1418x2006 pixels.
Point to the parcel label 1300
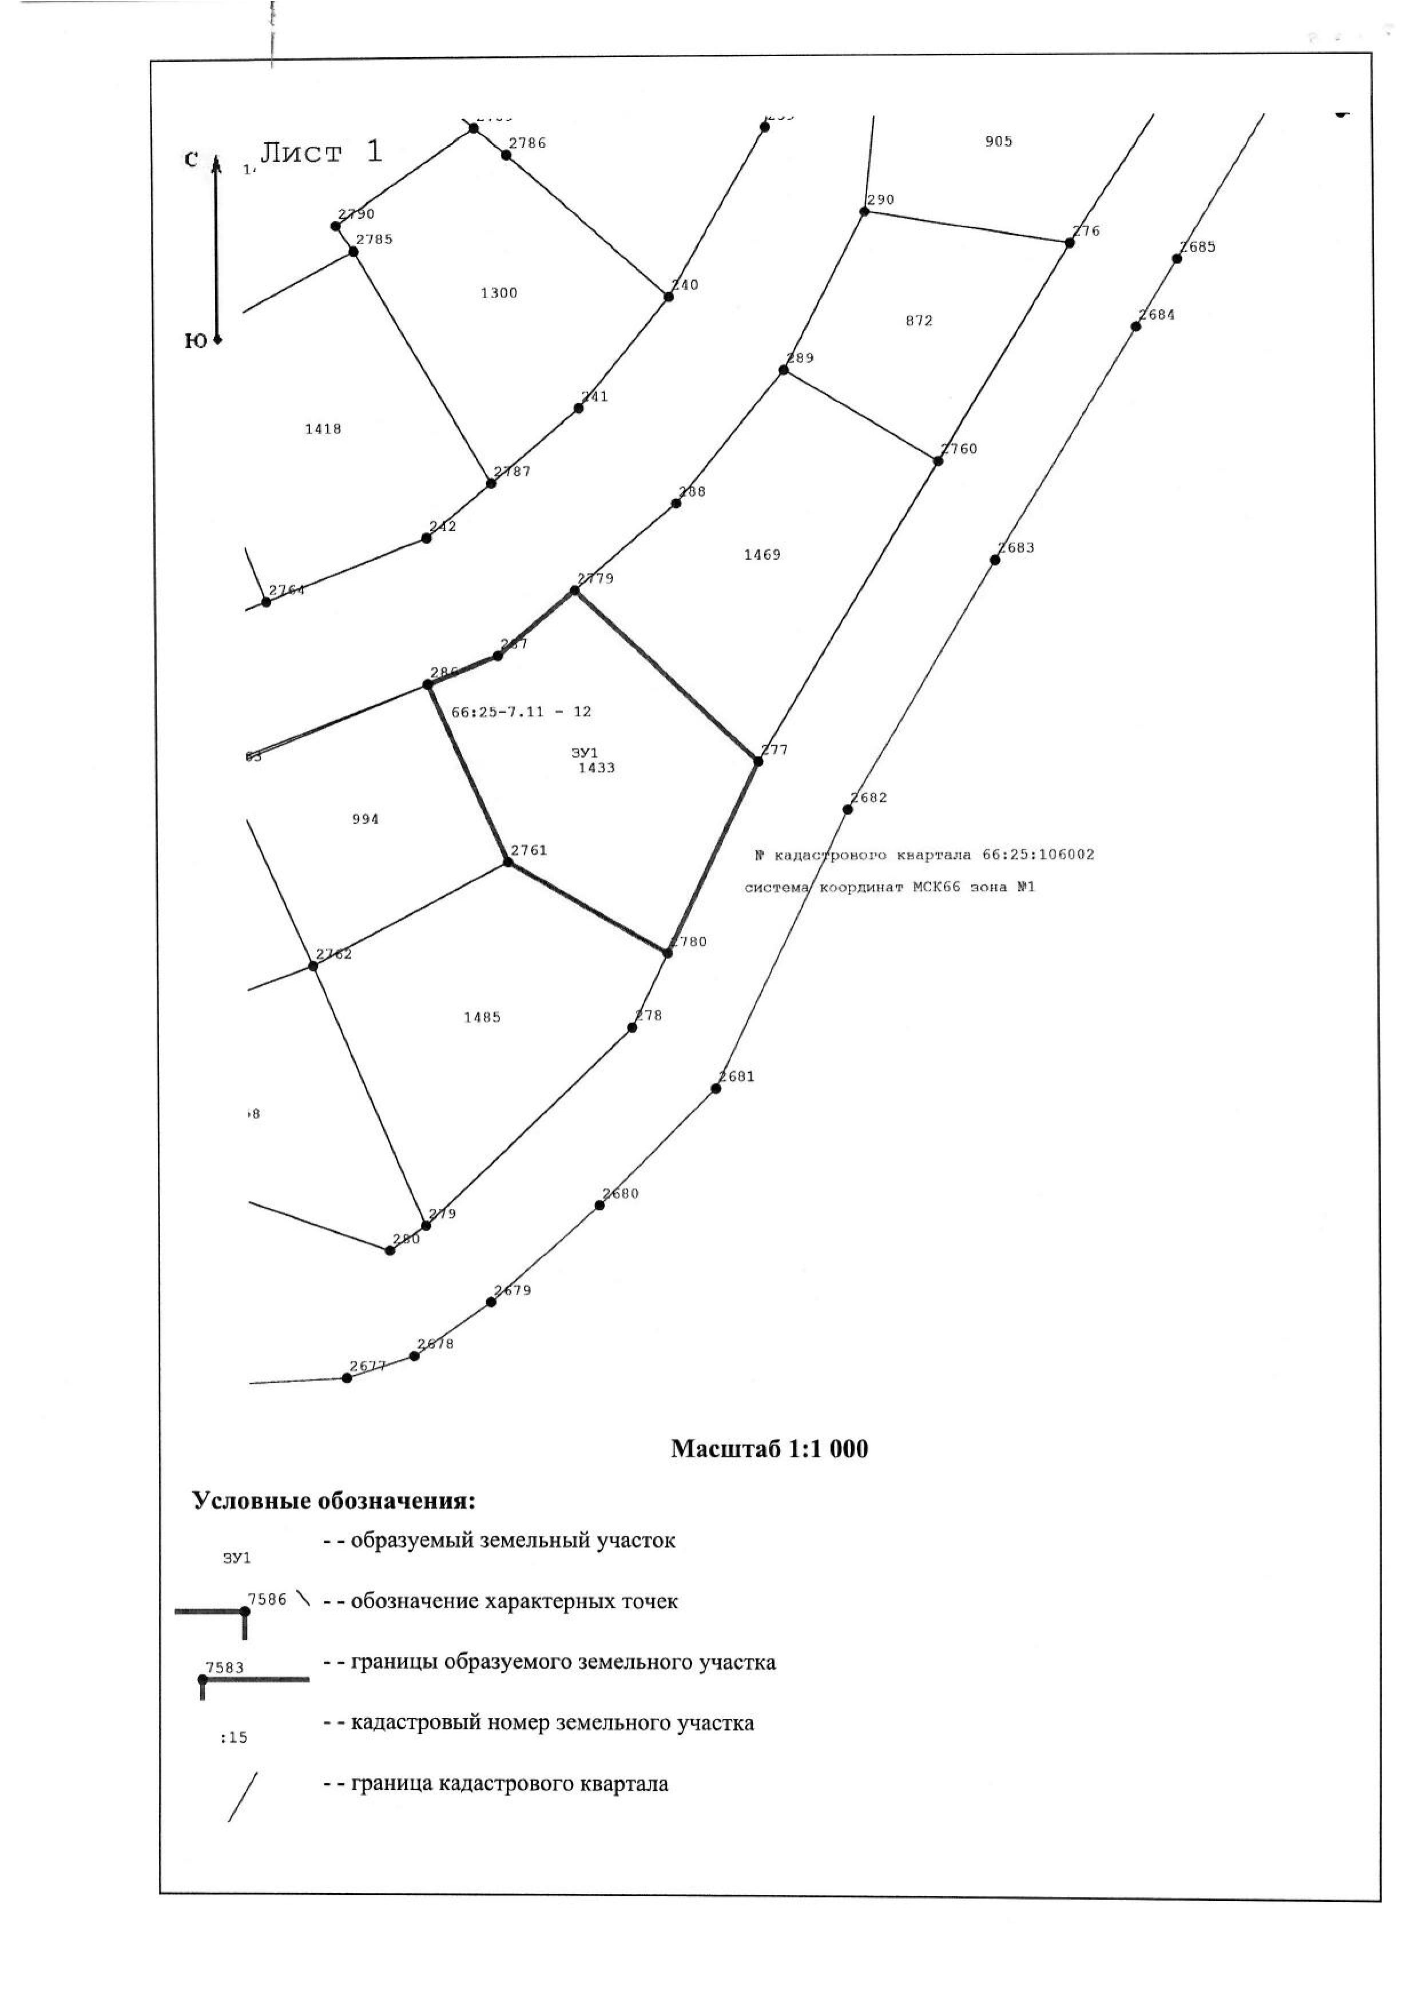(x=499, y=293)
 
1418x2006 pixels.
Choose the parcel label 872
(x=919, y=321)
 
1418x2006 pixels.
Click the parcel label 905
(x=999, y=142)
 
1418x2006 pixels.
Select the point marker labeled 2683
(x=995, y=560)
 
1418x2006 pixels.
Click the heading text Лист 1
(x=321, y=152)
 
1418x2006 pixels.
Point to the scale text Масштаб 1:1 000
(x=769, y=1448)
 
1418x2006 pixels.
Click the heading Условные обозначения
(x=333, y=1501)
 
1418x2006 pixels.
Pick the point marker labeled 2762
(x=313, y=966)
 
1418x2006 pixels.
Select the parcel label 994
(x=365, y=819)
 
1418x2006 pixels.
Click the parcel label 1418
(x=323, y=429)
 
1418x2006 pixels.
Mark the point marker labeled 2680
(x=599, y=1205)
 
